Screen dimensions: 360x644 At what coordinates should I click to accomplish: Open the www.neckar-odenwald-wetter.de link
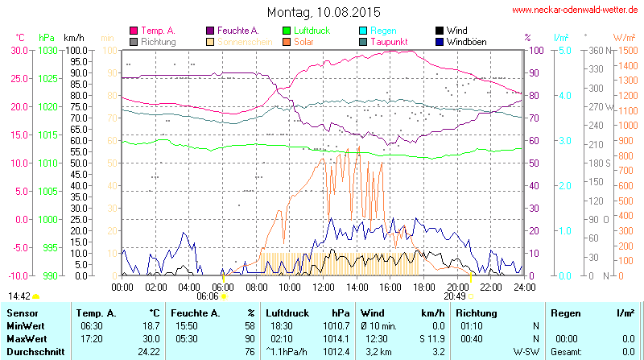click(x=576, y=10)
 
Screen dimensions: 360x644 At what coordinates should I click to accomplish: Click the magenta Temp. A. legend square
click(x=134, y=31)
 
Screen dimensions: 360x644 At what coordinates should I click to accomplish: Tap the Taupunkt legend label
click(x=390, y=41)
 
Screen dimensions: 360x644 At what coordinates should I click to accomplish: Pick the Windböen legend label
click(x=466, y=41)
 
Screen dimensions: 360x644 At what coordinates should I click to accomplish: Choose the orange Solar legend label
click(x=304, y=41)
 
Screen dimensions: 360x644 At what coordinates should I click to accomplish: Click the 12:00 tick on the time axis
click(x=323, y=286)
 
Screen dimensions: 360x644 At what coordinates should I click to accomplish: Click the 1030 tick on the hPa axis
click(x=47, y=50)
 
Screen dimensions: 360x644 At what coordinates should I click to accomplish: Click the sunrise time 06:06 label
click(x=207, y=296)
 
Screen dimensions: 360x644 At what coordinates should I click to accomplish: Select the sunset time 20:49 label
click(x=455, y=296)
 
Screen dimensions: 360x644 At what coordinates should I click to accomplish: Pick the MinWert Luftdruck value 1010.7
click(x=337, y=325)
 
